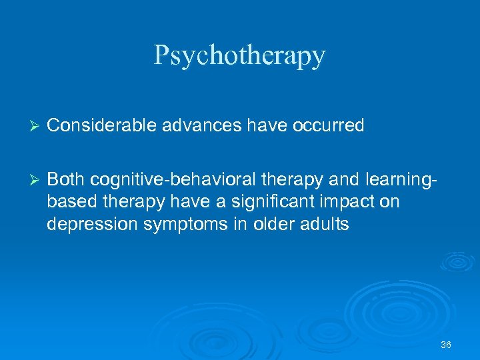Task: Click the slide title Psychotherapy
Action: click(239, 55)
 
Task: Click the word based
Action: click(69, 201)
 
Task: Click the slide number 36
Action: click(446, 345)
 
